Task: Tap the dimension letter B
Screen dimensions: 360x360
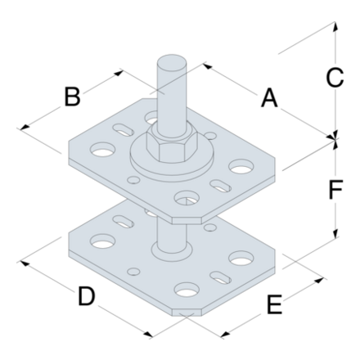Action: pyautogui.click(x=73, y=97)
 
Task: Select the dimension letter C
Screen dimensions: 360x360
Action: pyautogui.click(x=334, y=79)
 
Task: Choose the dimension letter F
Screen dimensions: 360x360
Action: pyautogui.click(x=334, y=191)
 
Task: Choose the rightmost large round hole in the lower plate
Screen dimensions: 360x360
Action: pyautogui.click(x=241, y=259)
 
